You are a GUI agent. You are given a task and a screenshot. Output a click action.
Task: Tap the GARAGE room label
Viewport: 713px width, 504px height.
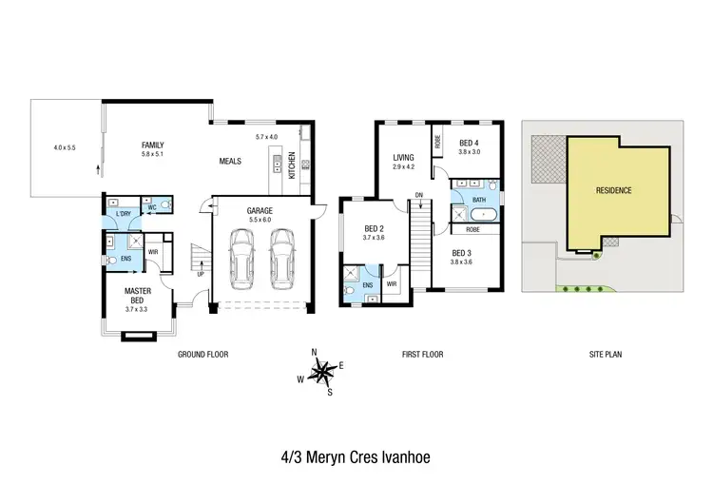(260, 210)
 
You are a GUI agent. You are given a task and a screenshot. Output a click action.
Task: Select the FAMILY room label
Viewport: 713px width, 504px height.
(153, 145)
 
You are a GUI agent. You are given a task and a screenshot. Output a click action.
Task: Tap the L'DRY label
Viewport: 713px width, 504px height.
(124, 214)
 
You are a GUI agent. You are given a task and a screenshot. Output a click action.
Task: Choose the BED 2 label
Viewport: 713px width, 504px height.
(374, 228)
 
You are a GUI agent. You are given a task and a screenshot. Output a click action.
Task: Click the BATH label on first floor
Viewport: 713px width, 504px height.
(478, 200)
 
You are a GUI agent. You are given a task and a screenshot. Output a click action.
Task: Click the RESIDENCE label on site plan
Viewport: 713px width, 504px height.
(613, 190)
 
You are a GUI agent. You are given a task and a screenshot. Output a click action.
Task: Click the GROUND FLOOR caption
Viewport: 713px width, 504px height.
(202, 354)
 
